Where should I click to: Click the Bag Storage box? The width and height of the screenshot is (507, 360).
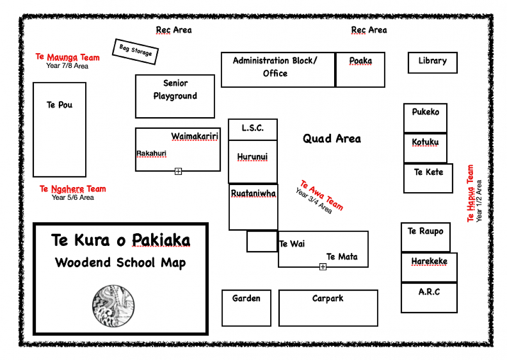(135, 51)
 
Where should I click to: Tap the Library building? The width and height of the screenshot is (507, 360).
(432, 62)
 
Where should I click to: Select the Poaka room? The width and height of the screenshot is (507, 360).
(360, 69)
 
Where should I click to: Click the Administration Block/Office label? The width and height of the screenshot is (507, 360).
(275, 67)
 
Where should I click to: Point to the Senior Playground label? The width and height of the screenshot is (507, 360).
(175, 90)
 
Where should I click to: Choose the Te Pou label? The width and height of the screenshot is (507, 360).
(59, 105)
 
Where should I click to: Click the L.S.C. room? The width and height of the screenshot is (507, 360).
(252, 129)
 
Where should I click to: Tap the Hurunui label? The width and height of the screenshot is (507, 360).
(252, 157)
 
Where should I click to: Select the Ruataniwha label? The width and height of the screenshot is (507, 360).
(253, 194)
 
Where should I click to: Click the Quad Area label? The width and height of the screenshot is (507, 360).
(332, 138)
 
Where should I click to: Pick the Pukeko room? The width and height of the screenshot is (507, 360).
(425, 118)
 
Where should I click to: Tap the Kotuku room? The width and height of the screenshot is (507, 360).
(425, 148)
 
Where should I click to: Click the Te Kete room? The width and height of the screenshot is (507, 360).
(428, 178)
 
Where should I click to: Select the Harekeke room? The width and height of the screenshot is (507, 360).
(429, 267)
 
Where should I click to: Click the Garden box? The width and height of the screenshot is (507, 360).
(246, 308)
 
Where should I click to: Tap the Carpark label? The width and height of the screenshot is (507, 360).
(328, 299)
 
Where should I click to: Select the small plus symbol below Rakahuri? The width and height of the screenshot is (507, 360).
(178, 171)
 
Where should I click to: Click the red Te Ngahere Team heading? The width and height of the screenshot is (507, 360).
(73, 189)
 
